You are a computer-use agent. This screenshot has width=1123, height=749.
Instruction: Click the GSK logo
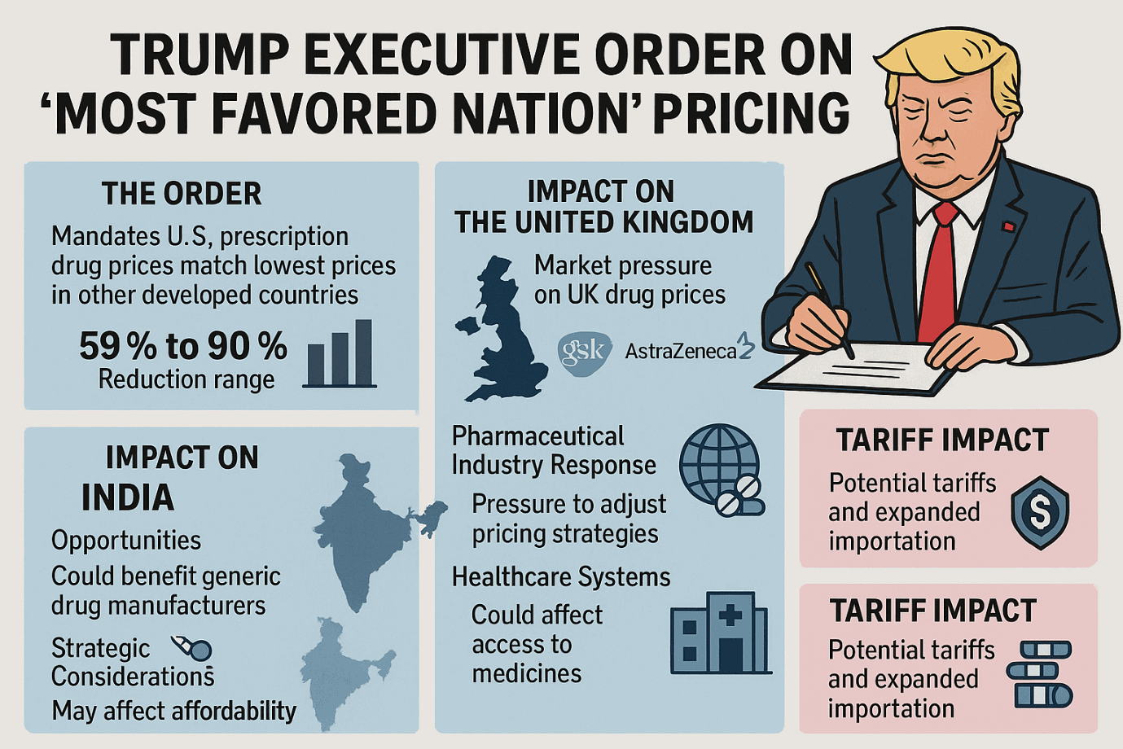click(584, 352)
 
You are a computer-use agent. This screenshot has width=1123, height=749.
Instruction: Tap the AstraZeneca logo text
click(681, 351)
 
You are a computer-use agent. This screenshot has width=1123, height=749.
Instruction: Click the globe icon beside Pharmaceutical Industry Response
click(719, 464)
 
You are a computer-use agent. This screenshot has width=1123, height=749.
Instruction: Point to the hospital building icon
click(720, 633)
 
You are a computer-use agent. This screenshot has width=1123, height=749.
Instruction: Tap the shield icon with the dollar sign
click(1039, 512)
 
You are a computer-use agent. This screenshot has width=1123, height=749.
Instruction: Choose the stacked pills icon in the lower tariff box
click(1040, 673)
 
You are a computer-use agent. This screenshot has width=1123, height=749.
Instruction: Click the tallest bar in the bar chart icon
click(363, 352)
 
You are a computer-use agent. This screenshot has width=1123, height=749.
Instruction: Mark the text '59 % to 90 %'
click(183, 346)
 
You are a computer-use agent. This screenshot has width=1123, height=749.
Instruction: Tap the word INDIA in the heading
click(128, 497)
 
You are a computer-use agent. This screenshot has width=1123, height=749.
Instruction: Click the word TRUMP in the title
click(200, 55)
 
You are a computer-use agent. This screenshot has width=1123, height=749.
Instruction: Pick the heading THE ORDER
click(182, 194)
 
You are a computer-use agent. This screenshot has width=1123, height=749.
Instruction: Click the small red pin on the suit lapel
click(1008, 226)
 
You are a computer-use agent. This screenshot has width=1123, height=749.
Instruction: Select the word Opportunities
click(126, 540)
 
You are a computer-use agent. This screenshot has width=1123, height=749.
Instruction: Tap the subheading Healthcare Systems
click(561, 576)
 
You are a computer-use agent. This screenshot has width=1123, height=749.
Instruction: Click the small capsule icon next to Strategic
click(193, 648)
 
